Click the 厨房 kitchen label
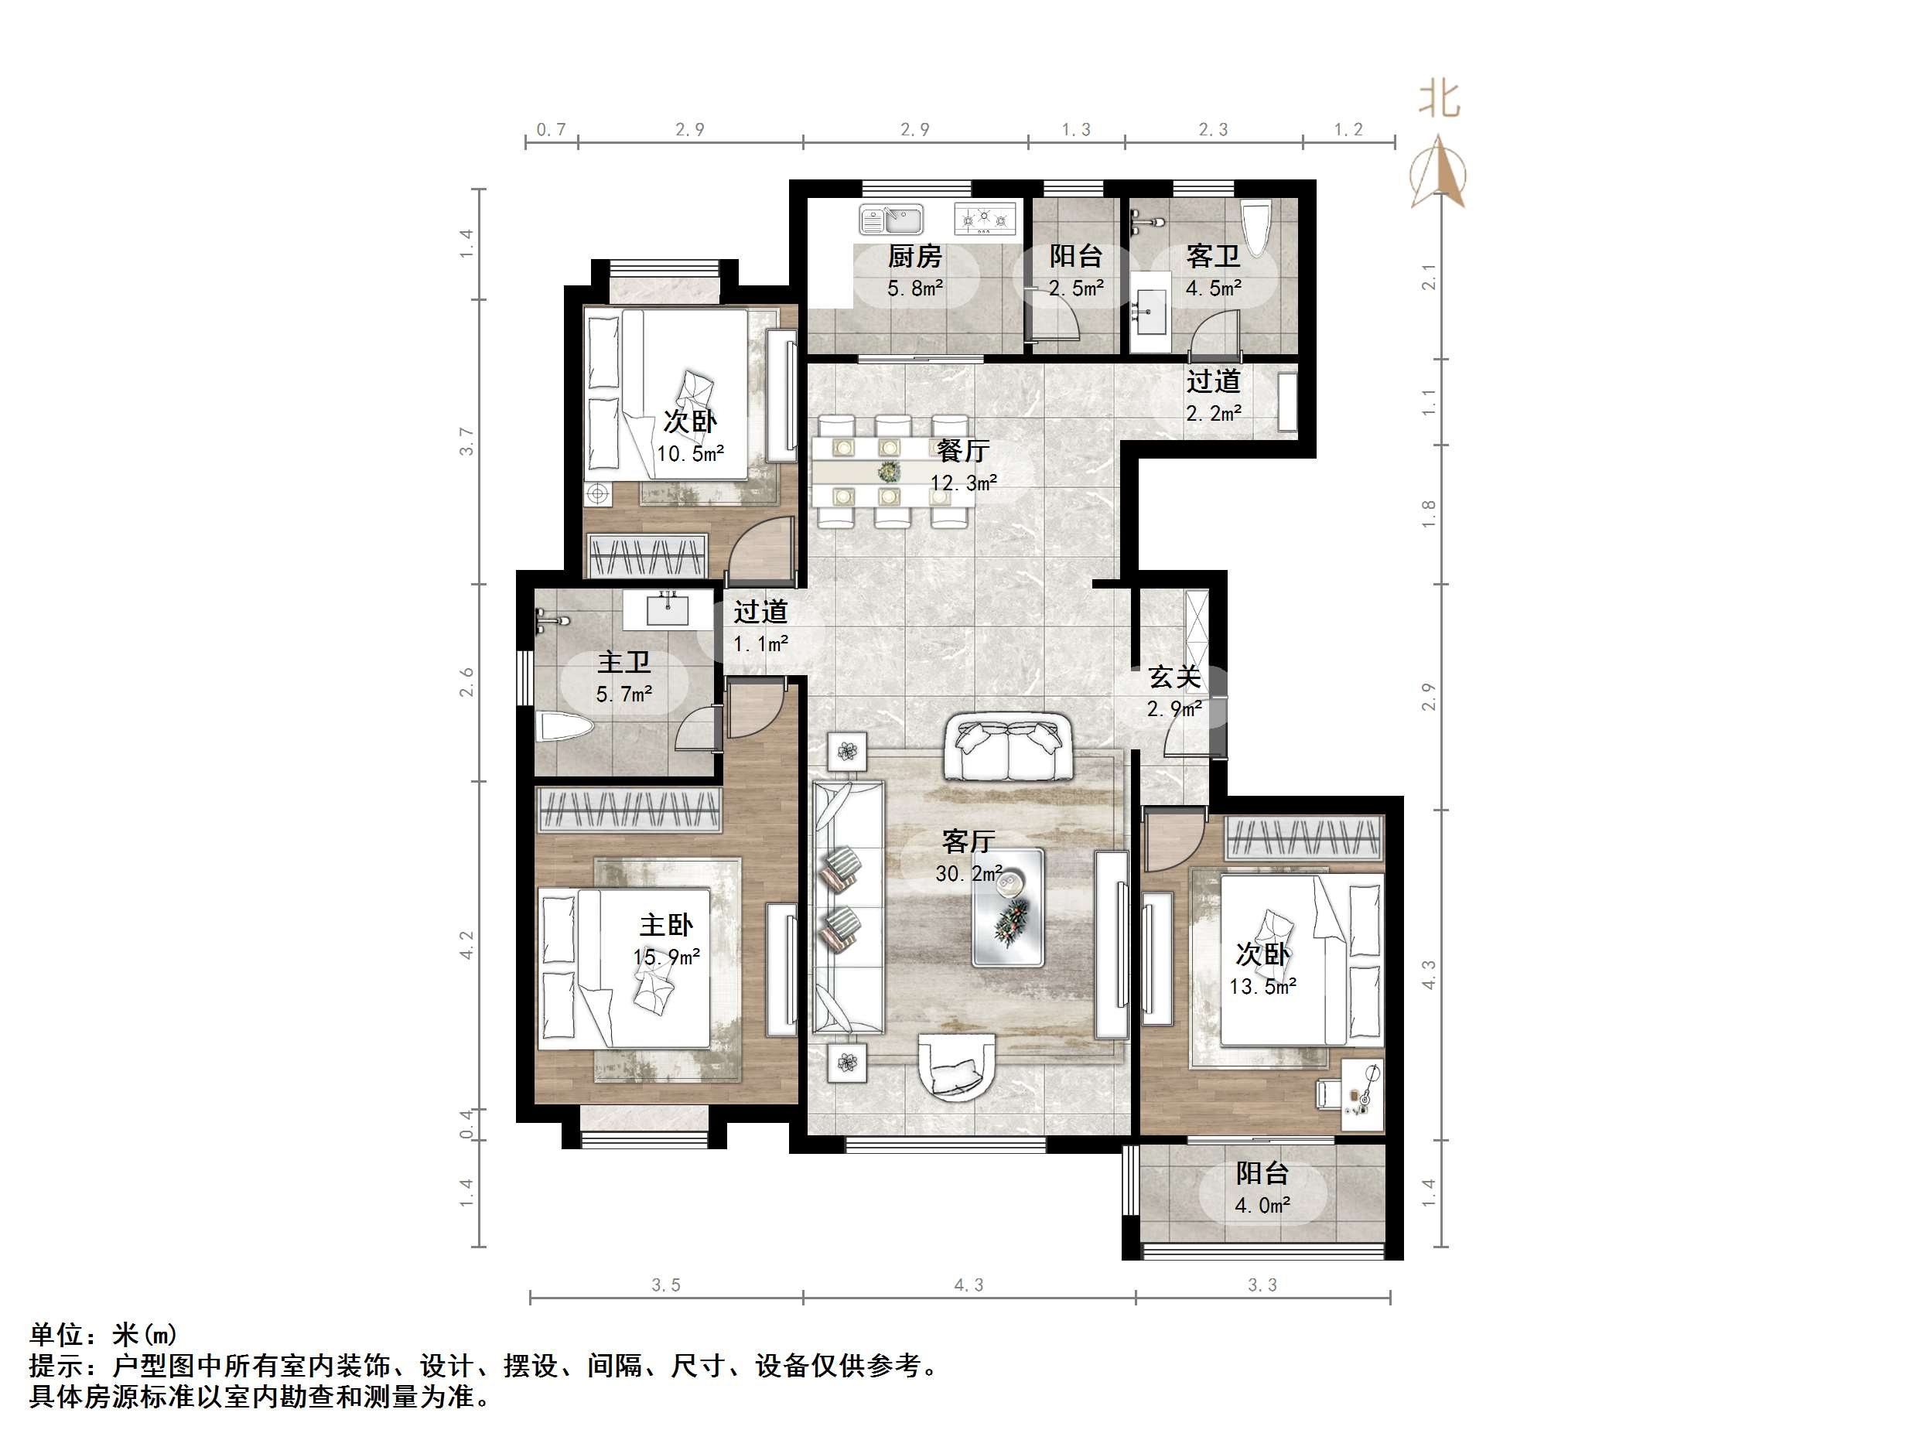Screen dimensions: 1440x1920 coord(914,256)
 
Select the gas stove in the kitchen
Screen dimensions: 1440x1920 coord(984,219)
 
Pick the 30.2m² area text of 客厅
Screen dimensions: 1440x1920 coord(968,873)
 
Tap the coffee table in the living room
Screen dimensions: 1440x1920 coord(1007,907)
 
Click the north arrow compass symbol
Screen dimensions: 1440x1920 coord(1438,173)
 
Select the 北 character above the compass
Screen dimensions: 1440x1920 coord(1438,100)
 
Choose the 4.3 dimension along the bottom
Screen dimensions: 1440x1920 coord(968,1285)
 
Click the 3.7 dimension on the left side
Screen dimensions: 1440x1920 coord(467,441)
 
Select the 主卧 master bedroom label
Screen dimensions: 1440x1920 coord(666,924)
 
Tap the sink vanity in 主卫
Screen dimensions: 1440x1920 coord(667,609)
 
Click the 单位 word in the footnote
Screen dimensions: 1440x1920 coord(56,1334)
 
